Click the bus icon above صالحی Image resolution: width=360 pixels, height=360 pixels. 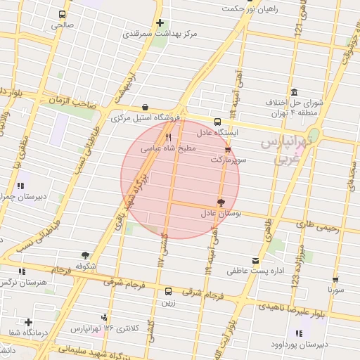click(x=63, y=14)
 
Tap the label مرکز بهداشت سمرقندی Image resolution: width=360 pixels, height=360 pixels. click(x=160, y=33)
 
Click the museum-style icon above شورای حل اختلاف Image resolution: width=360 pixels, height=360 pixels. click(x=293, y=93)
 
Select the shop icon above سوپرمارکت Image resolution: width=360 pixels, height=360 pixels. click(x=227, y=150)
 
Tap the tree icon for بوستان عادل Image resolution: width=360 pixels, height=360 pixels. click(x=221, y=202)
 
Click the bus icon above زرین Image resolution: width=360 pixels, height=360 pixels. click(x=168, y=291)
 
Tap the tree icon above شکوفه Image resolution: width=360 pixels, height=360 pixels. click(x=85, y=256)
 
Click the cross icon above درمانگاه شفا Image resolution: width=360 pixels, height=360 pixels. click(x=28, y=321)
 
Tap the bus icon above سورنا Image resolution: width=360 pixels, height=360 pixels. click(x=335, y=279)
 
